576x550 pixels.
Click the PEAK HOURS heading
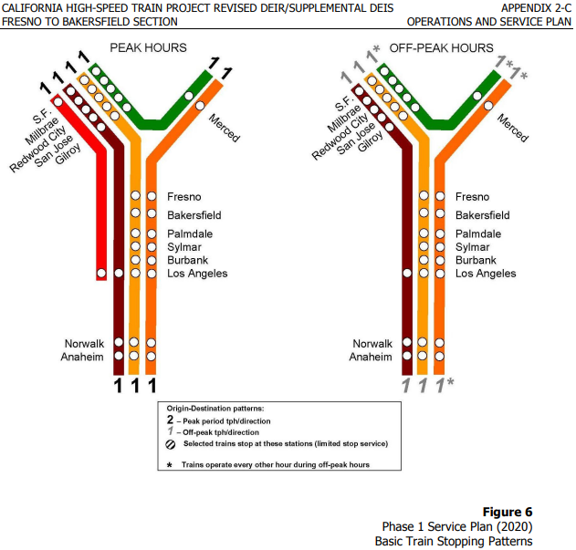pyautogui.click(x=148, y=47)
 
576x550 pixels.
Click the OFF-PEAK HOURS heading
pyautogui.click(x=441, y=47)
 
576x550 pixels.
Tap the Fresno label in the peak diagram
pyautogui.click(x=184, y=197)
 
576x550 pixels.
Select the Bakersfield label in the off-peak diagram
pyautogui.click(x=482, y=215)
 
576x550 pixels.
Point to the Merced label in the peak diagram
pyautogui.click(x=225, y=128)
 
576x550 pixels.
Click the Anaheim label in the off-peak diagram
pyautogui.click(x=371, y=357)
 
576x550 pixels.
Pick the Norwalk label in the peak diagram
pyautogui.click(x=84, y=344)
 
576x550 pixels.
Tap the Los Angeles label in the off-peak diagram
pyautogui.click(x=486, y=274)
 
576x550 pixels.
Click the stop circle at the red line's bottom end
pyautogui.click(x=101, y=273)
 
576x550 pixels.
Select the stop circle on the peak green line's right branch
pyautogui.click(x=189, y=96)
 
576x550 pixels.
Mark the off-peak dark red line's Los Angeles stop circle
pyautogui.click(x=407, y=273)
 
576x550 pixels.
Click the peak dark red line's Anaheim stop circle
pyautogui.click(x=119, y=356)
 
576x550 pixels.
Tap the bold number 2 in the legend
pyautogui.click(x=170, y=420)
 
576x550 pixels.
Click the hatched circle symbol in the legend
pyautogui.click(x=171, y=444)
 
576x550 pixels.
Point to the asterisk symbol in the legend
pyautogui.click(x=170, y=465)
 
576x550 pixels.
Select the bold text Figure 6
pyautogui.click(x=508, y=512)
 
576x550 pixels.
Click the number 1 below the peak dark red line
pyautogui.click(x=118, y=386)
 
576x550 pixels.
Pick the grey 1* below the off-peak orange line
pyautogui.click(x=445, y=385)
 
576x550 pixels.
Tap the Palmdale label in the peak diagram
pyautogui.click(x=190, y=233)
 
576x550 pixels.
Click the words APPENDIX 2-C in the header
pyautogui.click(x=536, y=8)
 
